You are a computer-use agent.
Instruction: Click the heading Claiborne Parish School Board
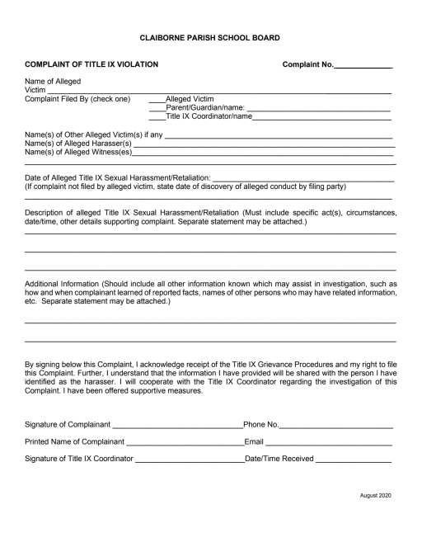(210, 37)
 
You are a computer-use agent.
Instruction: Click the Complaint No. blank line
(363, 65)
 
